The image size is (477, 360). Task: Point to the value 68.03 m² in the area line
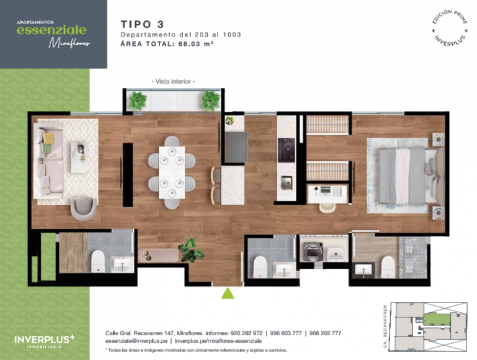pos(195,44)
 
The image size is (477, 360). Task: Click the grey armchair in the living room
pos(84,208)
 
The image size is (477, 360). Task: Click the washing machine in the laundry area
pos(311,252)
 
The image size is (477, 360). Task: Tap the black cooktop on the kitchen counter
pos(287,149)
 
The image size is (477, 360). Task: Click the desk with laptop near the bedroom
pos(328,191)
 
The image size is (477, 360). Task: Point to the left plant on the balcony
pos(138,100)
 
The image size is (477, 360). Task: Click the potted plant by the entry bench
pos(191,249)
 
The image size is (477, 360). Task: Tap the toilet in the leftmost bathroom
pos(97,260)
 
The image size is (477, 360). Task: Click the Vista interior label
pos(173,81)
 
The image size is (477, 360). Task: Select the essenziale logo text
pos(52,30)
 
